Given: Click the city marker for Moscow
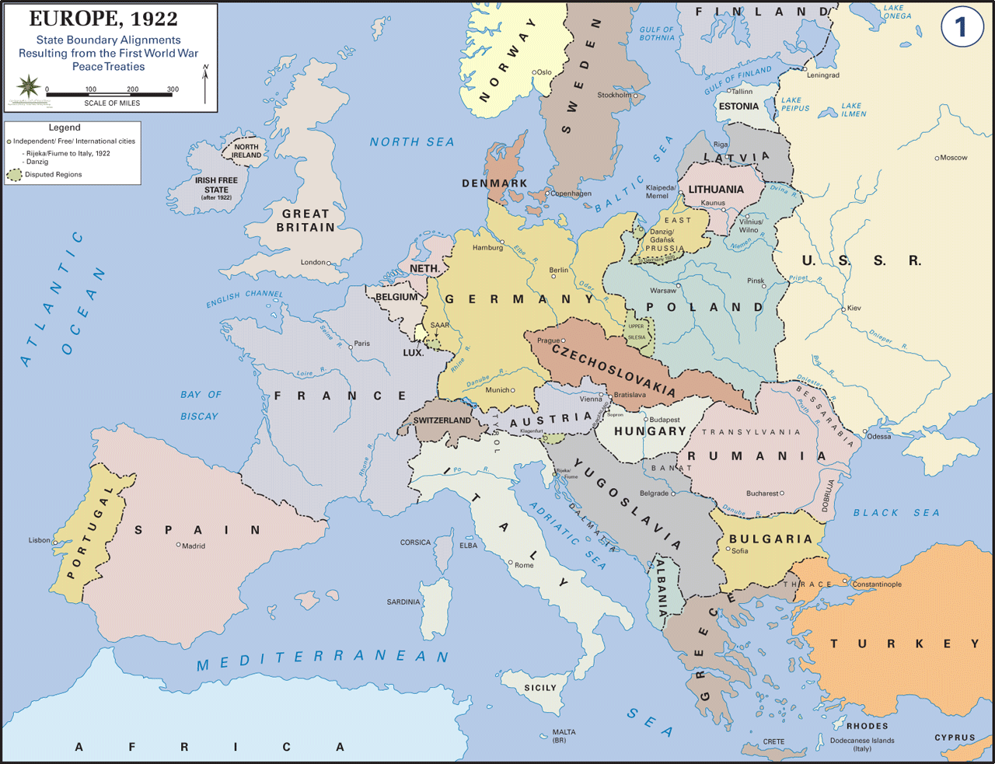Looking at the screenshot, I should tap(937, 158).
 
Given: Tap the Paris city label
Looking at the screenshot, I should tap(362, 344).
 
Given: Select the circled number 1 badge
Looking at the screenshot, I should tap(961, 28).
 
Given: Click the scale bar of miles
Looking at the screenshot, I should tap(110, 95).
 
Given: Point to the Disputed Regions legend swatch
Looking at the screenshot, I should tap(14, 175).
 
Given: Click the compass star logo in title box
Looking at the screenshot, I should tap(29, 85).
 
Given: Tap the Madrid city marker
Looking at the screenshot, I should tap(179, 545).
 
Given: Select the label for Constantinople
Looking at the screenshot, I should tap(877, 584).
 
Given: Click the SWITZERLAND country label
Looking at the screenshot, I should tap(442, 420).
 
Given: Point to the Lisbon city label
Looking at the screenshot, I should tap(39, 540).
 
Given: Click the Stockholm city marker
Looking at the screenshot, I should tap(635, 96).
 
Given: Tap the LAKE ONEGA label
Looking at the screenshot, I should tap(896, 12).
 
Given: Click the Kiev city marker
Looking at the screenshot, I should tap(843, 309).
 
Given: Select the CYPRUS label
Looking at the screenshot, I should tap(955, 738).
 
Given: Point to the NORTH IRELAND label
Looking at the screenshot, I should tap(246, 151).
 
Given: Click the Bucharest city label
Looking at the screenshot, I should tap(762, 494).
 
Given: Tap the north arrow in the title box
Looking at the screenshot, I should tap(205, 84).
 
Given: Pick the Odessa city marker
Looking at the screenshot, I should tap(864, 432).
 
